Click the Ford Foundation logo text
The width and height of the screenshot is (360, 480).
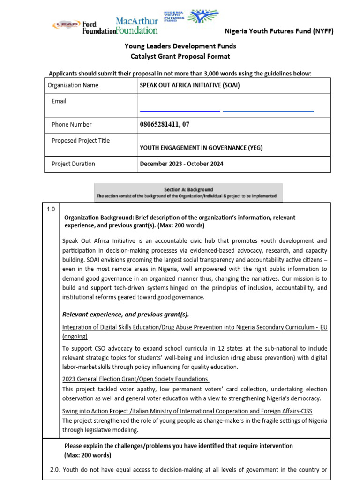click(98, 28)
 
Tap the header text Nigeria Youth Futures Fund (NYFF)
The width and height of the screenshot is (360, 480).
click(285, 31)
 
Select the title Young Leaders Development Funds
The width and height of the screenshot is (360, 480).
click(180, 46)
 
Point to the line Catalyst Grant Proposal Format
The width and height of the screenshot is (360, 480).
click(180, 56)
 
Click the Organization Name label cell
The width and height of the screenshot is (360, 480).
click(73, 85)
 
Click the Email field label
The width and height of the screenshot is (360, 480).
click(59, 101)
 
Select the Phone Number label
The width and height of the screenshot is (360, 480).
click(72, 125)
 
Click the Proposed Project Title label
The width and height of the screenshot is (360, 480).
click(81, 141)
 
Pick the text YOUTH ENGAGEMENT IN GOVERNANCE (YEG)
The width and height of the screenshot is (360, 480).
click(201, 148)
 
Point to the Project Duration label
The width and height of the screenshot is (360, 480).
click(73, 164)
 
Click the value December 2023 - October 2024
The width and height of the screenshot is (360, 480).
click(181, 164)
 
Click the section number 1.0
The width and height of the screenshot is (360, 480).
click(51, 210)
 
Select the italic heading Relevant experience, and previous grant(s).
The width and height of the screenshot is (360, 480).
click(126, 314)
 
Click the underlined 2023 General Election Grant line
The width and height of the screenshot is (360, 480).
click(135, 379)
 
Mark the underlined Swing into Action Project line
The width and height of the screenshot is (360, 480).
click(187, 411)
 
